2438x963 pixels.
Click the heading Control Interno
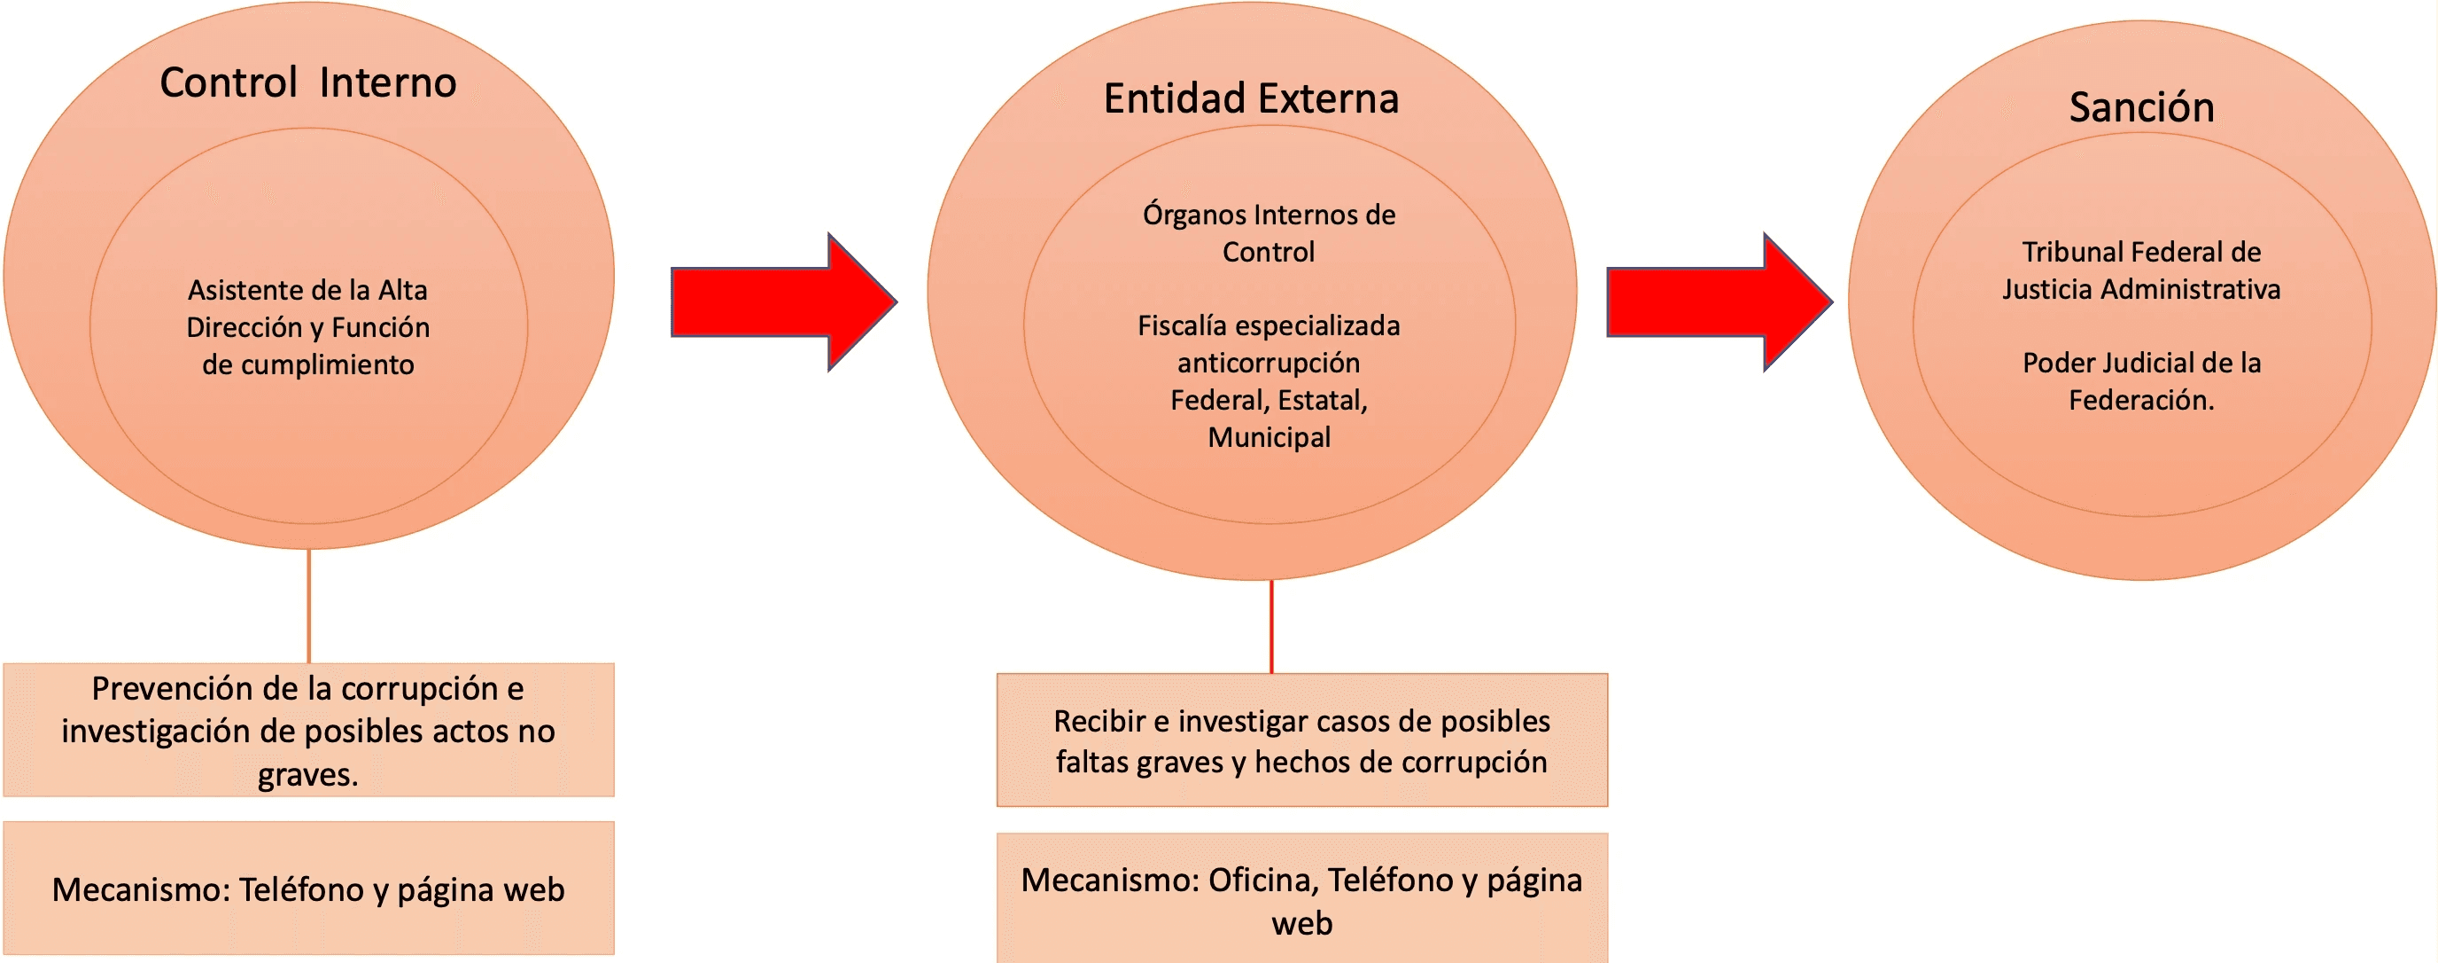coord(307,83)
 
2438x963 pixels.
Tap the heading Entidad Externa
coord(1250,99)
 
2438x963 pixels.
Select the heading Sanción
coord(2141,108)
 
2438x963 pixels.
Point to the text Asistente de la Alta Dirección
coord(307,309)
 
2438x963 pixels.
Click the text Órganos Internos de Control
coord(1269,233)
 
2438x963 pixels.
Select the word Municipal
coord(1269,437)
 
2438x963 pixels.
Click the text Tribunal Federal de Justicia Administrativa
coord(2141,270)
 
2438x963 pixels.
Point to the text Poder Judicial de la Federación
coord(2141,381)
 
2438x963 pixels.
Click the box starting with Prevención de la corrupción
coord(308,730)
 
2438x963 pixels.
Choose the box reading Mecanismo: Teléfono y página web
coord(308,889)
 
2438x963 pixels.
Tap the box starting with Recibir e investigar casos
coord(1301,740)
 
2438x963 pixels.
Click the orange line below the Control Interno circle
coord(308,606)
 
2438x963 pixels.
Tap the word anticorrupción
coord(1269,363)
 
